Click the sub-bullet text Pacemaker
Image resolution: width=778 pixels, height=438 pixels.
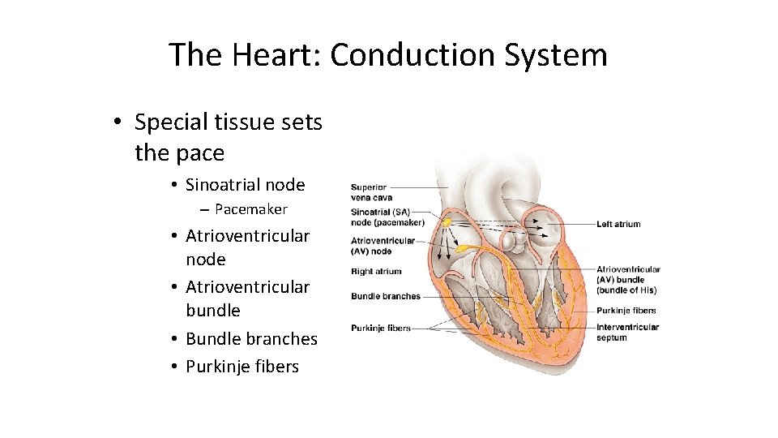(251, 209)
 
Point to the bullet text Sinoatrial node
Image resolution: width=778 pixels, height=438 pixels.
(245, 185)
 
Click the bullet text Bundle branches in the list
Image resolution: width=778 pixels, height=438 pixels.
(251, 339)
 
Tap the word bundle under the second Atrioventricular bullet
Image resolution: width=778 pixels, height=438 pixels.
(213, 311)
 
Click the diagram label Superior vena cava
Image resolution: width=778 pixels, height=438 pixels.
(371, 192)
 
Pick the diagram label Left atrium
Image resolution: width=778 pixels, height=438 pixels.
(618, 225)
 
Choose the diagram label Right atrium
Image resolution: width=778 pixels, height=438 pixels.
(376, 272)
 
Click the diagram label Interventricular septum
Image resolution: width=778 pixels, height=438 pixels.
(627, 333)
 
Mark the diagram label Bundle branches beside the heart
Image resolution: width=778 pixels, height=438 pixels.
(386, 297)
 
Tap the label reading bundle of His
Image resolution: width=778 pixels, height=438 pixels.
(626, 290)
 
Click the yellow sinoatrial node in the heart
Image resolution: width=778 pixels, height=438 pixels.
(444, 221)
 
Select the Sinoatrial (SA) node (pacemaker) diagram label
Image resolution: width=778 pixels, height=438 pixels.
(387, 217)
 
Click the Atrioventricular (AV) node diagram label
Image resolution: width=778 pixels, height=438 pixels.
(383, 245)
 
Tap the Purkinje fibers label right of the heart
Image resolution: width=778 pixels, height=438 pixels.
(626, 311)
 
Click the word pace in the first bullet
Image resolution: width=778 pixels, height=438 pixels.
(202, 152)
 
